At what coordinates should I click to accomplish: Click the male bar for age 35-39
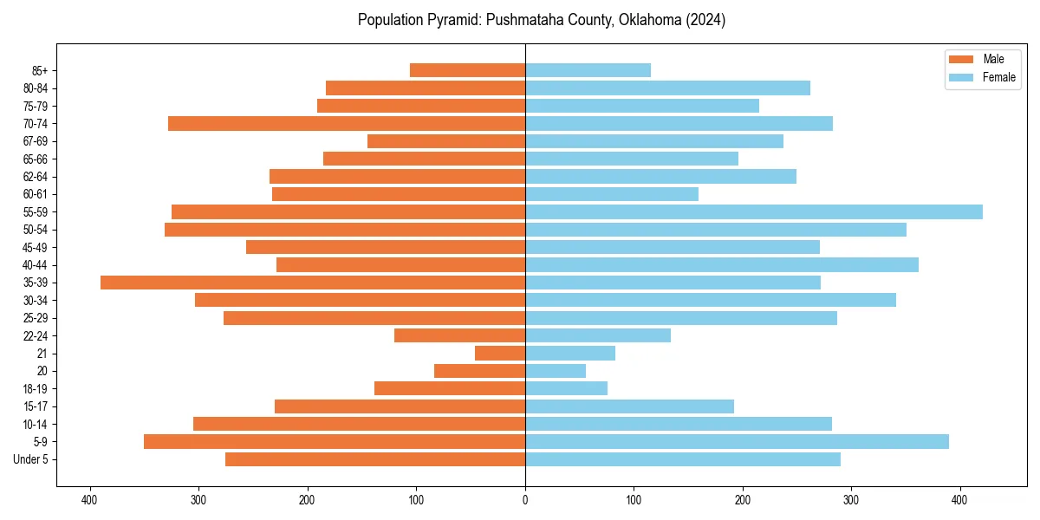[313, 283]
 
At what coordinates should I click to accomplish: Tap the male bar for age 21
[500, 354]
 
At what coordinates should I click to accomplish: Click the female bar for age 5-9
[737, 441]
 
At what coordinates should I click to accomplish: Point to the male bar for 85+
[467, 70]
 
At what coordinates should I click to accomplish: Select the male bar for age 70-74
[347, 123]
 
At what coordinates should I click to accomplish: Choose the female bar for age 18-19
[566, 388]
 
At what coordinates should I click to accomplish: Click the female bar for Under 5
[682, 459]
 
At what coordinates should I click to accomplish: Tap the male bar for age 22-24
[459, 335]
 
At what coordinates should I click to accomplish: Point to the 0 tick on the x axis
[525, 500]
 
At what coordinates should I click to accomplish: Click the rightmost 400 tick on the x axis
[959, 500]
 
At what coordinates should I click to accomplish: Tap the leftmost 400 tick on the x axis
[89, 500]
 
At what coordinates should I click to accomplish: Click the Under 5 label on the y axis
[30, 459]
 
